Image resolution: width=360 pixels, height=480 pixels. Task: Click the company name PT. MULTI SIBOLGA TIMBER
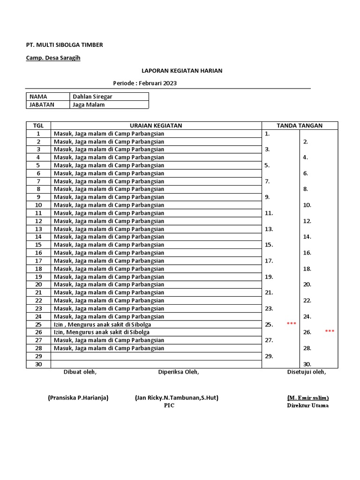click(x=64, y=45)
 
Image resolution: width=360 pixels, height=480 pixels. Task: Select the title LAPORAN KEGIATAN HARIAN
click(x=182, y=71)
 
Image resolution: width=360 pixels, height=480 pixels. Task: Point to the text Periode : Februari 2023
click(x=145, y=83)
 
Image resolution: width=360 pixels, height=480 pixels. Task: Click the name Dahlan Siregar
click(x=92, y=97)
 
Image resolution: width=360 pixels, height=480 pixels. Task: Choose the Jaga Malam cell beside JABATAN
click(x=89, y=105)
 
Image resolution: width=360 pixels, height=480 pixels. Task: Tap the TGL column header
click(x=38, y=126)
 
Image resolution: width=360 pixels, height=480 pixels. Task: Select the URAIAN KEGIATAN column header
click(x=156, y=126)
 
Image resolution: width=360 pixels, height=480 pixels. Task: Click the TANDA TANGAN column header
click(x=300, y=126)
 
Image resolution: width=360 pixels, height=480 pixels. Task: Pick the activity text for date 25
click(x=102, y=324)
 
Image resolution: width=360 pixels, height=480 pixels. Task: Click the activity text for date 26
click(x=102, y=332)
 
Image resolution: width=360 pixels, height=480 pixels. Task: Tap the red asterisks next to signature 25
click(x=291, y=324)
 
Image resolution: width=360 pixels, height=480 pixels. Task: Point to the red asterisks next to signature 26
click(x=330, y=331)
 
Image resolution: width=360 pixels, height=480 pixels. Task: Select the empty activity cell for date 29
click(x=156, y=356)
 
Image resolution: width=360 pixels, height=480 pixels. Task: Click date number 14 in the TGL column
click(x=38, y=237)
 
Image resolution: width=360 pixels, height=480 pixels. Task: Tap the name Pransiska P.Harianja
click(x=78, y=398)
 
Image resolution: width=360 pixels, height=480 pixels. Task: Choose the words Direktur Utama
click(x=307, y=405)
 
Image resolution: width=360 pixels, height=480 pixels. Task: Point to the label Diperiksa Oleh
click(x=178, y=372)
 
